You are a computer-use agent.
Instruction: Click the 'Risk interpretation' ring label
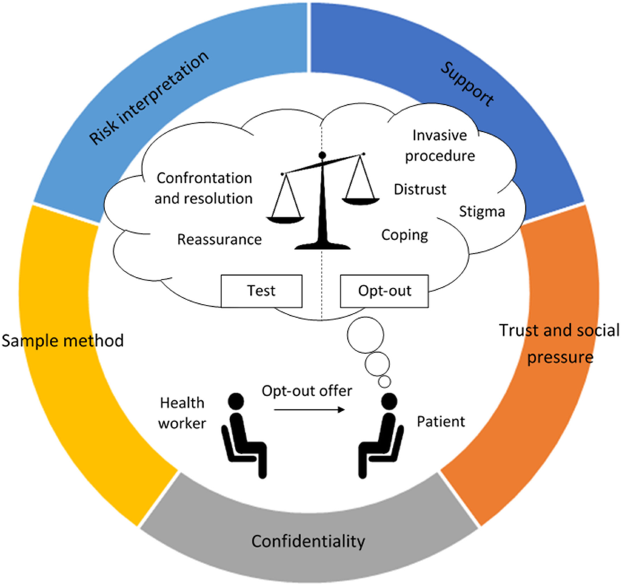coord(149,99)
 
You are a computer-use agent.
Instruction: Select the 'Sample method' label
coord(63,341)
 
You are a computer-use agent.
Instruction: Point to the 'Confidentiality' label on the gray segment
coord(308,541)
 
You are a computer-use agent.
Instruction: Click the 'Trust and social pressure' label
coord(559,343)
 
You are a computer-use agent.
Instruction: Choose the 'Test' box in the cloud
coord(261,291)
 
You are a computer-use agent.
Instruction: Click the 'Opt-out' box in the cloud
coord(384,291)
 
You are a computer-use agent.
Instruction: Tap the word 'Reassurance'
coord(219,240)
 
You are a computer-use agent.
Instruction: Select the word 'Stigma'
coord(482,212)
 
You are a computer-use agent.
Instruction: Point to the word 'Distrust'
coord(420,189)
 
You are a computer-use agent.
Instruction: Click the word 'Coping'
coord(405,235)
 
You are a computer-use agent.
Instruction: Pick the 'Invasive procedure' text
coord(440,146)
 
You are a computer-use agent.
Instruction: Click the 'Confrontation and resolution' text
coord(204,188)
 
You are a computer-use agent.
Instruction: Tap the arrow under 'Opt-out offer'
coord(309,410)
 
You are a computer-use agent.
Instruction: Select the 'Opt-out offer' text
coord(307,391)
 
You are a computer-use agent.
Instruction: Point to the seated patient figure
coord(383,435)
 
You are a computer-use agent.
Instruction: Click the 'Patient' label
coord(441,421)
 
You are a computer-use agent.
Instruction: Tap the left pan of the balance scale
coord(285,219)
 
